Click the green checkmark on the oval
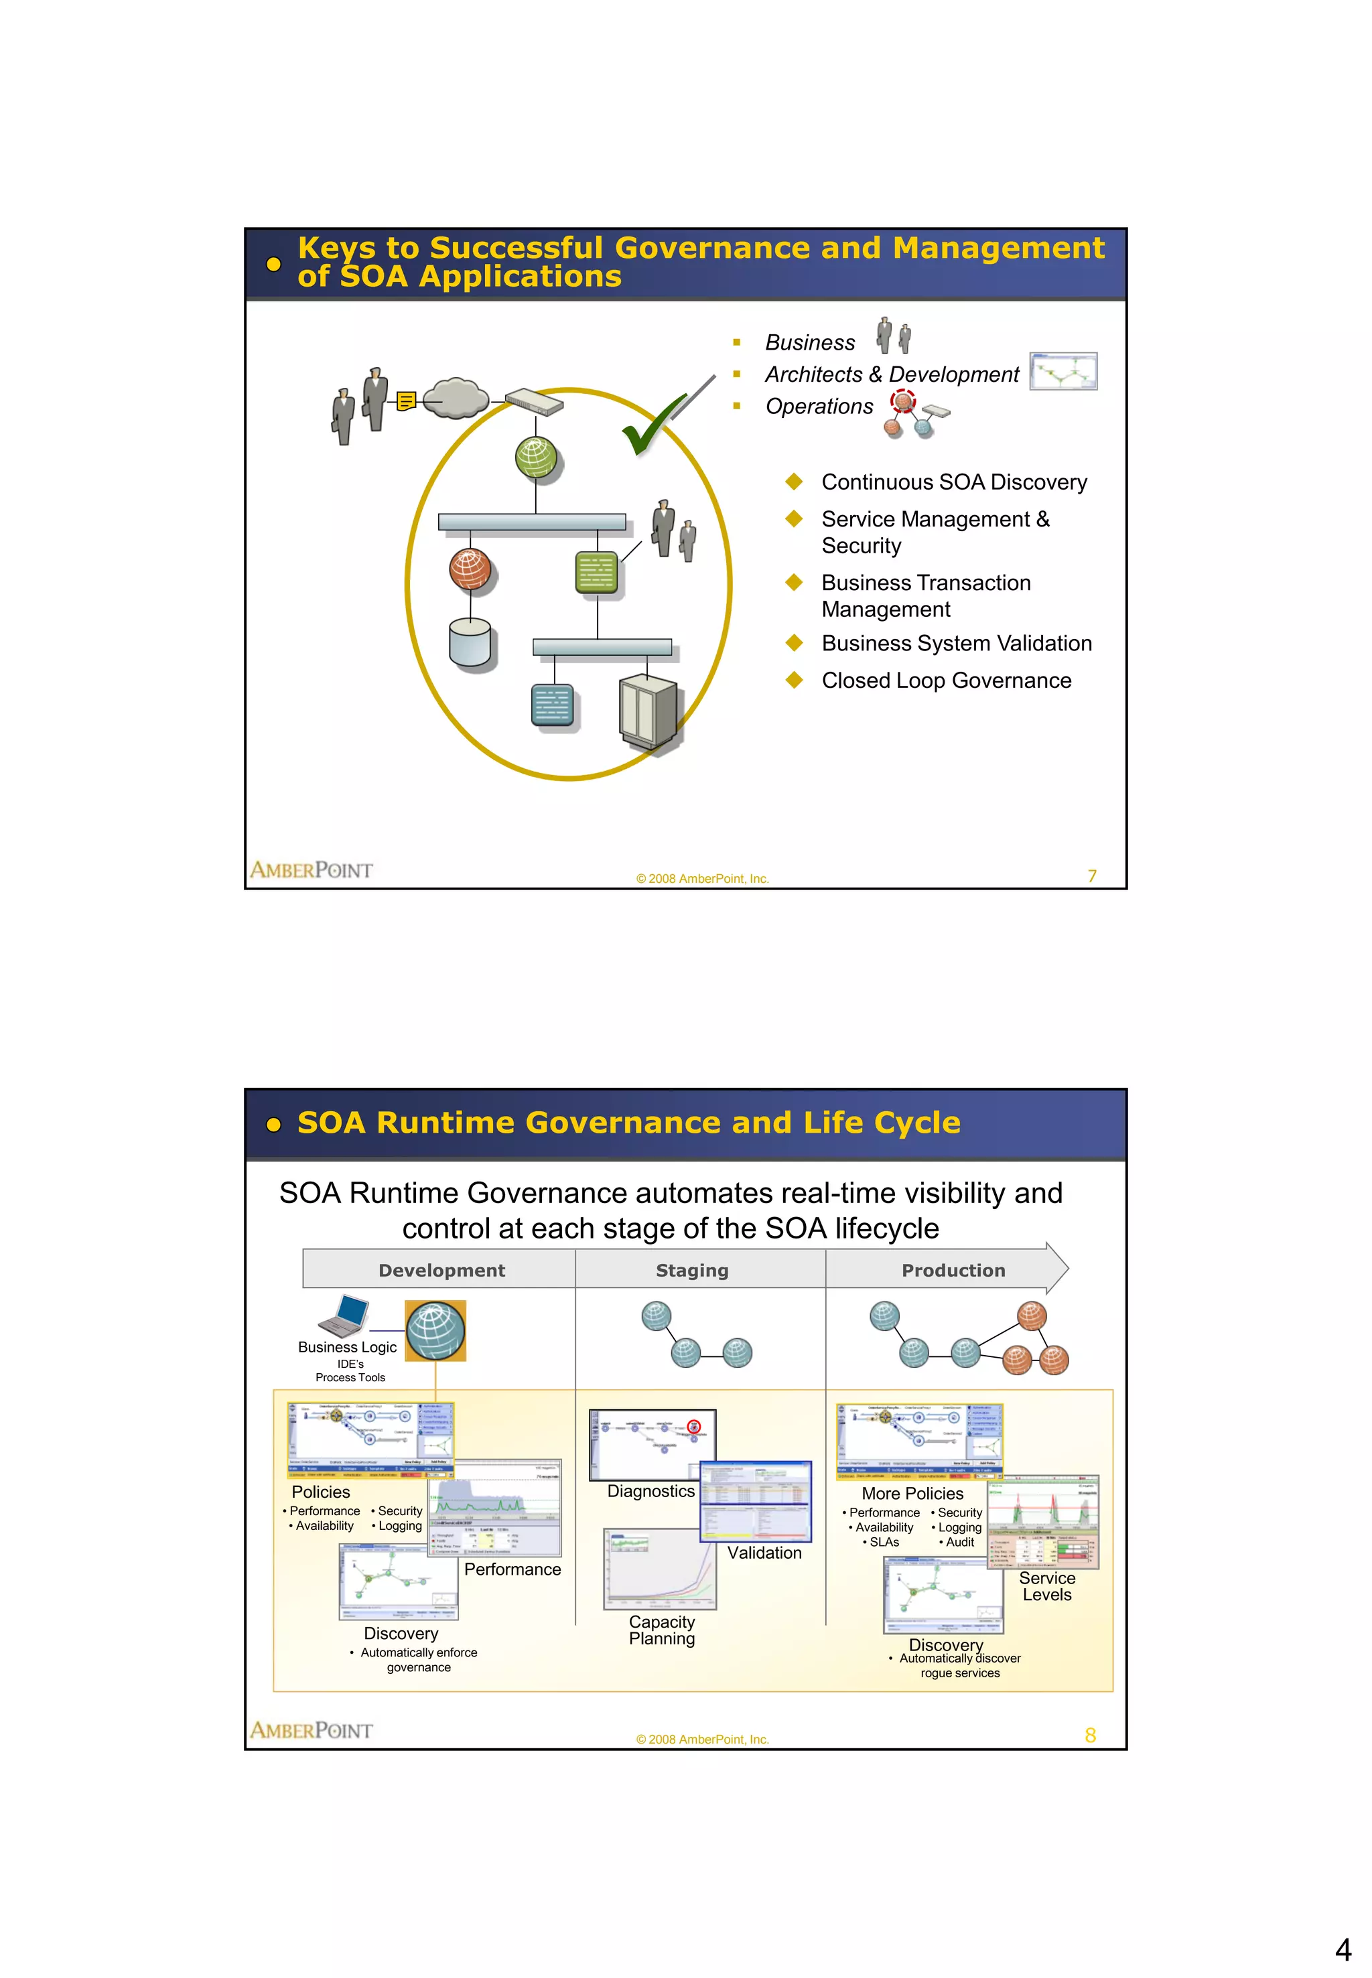[652, 425]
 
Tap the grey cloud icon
[456, 398]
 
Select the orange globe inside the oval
[470, 569]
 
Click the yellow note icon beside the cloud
[407, 401]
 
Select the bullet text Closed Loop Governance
[946, 681]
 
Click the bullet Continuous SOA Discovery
[953, 482]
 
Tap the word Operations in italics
[819, 407]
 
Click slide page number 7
[1092, 876]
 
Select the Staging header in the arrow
[692, 1271]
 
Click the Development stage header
[442, 1271]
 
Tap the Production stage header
[953, 1271]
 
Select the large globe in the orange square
[436, 1330]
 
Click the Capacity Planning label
[662, 1630]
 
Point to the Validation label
[764, 1553]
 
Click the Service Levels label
[1047, 1586]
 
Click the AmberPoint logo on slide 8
[312, 1729]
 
